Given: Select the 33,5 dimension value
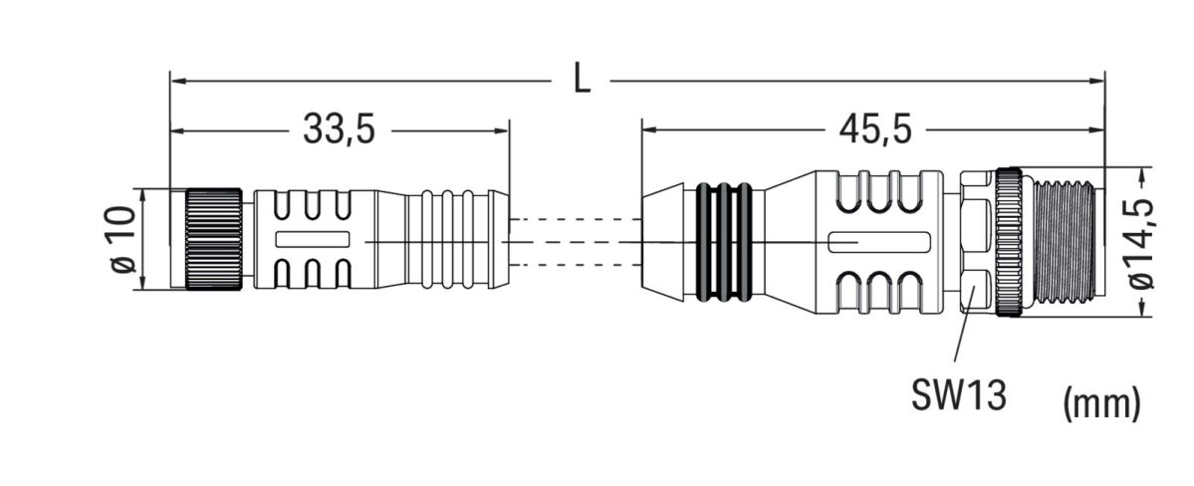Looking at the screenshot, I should point(339,129).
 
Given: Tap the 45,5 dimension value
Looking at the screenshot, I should point(872,129).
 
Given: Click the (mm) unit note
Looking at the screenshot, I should point(1101,402).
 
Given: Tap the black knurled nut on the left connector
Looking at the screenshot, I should point(211,240).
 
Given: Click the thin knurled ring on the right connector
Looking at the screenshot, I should point(1009,242).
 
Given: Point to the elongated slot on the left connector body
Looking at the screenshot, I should point(312,239).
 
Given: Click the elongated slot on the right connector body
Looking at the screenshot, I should point(880,241).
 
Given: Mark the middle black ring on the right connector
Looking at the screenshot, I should point(725,241).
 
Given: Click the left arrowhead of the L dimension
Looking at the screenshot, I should point(176,79).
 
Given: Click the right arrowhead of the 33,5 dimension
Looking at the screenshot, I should point(503,129).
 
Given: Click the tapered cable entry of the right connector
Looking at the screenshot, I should point(664,241).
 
